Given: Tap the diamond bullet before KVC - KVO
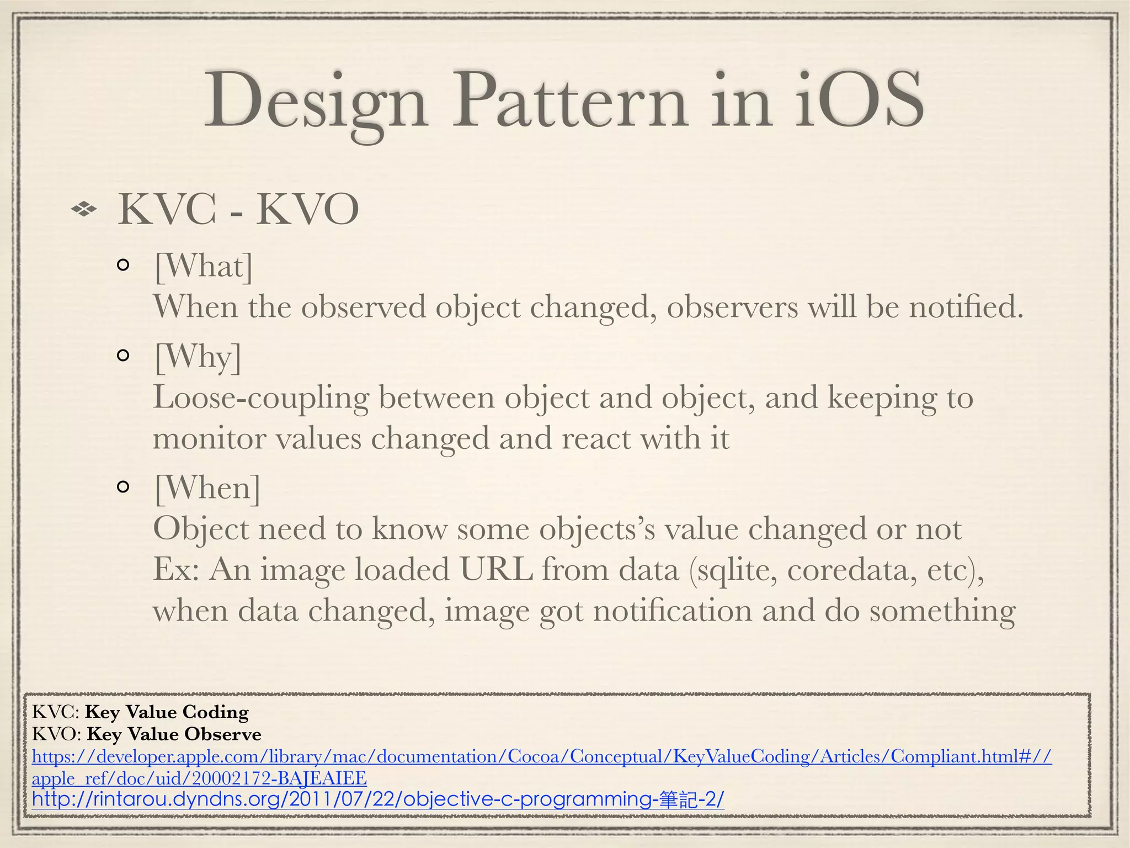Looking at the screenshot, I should pyautogui.click(x=84, y=209).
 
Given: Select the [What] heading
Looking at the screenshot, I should pyautogui.click(x=203, y=267).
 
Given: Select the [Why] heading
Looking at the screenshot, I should pyautogui.click(x=198, y=357).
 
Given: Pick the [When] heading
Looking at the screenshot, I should pyautogui.click(x=207, y=488).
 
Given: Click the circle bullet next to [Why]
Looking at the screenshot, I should pyautogui.click(x=124, y=355).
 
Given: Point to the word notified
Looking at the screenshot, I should pyautogui.click(x=966, y=307).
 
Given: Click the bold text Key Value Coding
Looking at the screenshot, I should pyautogui.click(x=167, y=712).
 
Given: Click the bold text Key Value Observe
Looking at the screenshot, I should pyautogui.click(x=174, y=734).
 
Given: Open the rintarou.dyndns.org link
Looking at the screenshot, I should pyautogui.click(x=378, y=799).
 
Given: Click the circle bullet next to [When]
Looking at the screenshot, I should pyautogui.click(x=124, y=486).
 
